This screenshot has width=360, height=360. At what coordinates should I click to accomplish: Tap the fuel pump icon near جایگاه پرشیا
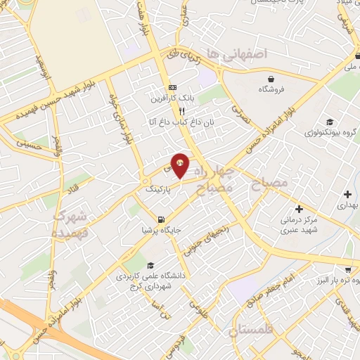pos(163,219)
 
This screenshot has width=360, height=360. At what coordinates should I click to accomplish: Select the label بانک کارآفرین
pos(170,99)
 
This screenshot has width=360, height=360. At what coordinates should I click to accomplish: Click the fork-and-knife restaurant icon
pos(181,110)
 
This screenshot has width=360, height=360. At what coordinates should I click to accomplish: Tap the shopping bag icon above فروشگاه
pos(271,77)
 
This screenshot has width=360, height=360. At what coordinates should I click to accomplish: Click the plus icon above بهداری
pos(347,193)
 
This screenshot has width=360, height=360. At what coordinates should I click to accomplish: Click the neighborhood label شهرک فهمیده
pos(70,223)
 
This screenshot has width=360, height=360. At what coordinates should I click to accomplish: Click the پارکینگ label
pos(158,190)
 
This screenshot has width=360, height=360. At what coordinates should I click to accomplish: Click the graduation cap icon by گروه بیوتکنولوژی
pos(330,122)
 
